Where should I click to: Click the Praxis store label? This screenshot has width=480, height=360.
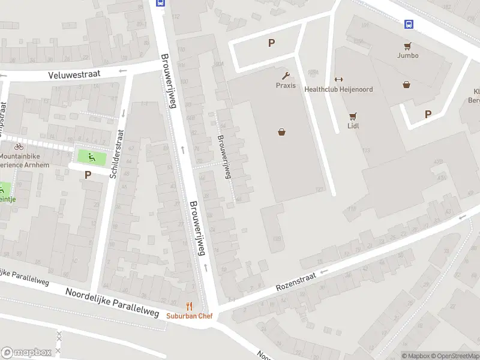[x=286, y=85]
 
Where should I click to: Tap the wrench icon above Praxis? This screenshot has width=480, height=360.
[x=286, y=76]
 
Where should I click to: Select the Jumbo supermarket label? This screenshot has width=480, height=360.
[x=407, y=55]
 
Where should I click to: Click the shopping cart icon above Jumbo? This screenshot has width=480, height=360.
[x=407, y=46]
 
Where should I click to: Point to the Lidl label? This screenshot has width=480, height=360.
[x=353, y=127]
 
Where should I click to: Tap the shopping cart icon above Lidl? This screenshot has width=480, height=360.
[x=353, y=117]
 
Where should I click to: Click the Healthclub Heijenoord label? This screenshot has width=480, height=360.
[x=338, y=89]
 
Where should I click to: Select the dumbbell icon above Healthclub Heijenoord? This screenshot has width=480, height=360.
[x=338, y=80]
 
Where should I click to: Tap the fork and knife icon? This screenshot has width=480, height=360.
[x=190, y=306]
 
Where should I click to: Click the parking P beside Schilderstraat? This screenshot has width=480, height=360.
[x=88, y=175]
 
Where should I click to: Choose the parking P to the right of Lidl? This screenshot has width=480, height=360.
[x=428, y=114]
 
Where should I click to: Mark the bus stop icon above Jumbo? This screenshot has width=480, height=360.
[x=409, y=25]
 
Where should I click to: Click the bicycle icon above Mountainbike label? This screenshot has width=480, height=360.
[x=19, y=146]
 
